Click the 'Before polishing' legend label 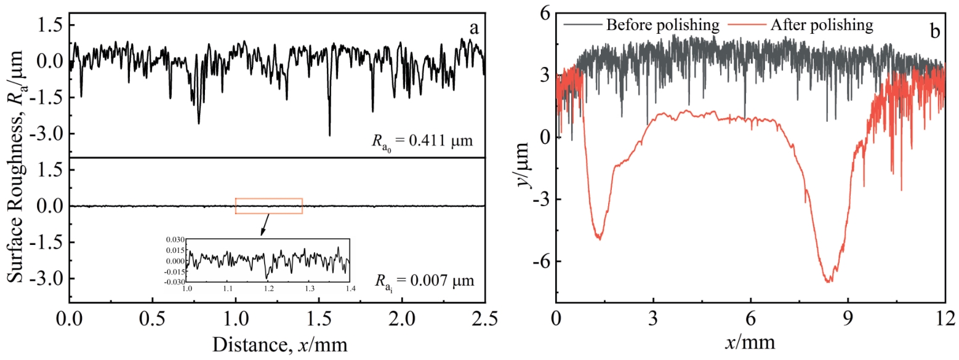[662, 25]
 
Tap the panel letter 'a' [474, 28]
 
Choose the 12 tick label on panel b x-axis [945, 319]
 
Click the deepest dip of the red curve [829, 281]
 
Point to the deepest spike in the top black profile [329, 135]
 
